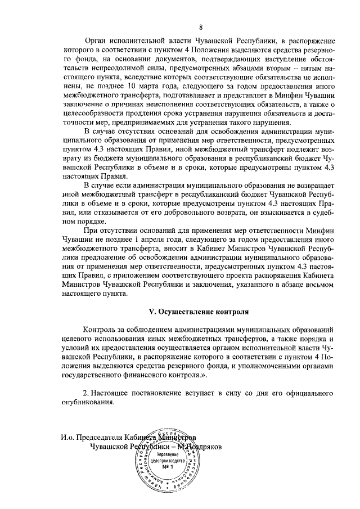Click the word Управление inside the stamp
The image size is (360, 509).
166,453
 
